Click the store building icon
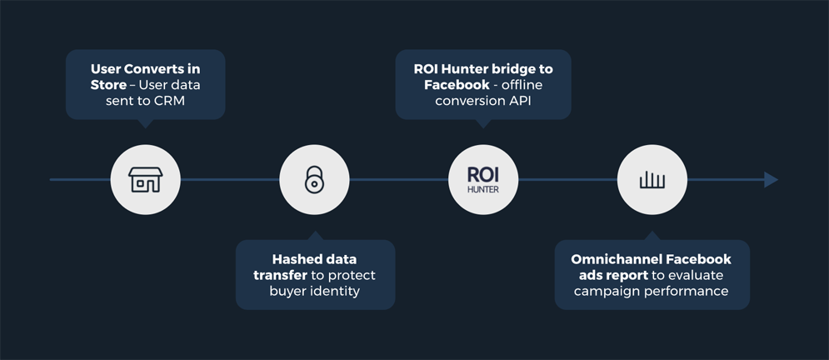click(146, 180)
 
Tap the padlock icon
click(313, 180)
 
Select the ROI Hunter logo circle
click(482, 180)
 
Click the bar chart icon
click(652, 181)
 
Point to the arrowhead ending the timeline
click(771, 180)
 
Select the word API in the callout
click(520, 101)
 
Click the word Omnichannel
click(616, 259)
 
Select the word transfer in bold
click(280, 275)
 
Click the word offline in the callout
click(522, 84)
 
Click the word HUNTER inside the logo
click(482, 189)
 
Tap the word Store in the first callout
click(108, 84)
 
